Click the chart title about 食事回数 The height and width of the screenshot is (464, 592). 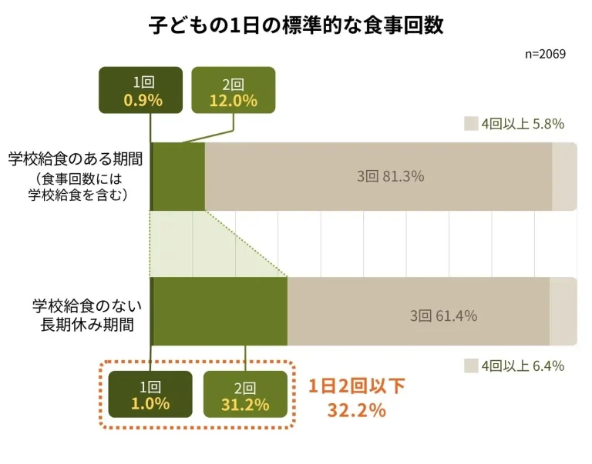pos(296,25)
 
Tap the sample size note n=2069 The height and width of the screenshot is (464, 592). pos(545,55)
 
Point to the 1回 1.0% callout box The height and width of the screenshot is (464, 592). pos(150,396)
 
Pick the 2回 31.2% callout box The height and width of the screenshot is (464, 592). pos(245,396)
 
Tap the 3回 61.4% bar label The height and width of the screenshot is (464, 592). pos(443,315)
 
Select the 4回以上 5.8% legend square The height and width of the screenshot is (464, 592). pos(471,124)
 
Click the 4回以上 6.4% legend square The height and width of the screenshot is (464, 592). pos(471,366)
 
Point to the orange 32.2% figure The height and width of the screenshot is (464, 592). pos(356,410)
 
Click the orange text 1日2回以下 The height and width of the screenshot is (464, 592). pos(356,387)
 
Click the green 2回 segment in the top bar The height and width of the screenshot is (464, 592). pos(179,176)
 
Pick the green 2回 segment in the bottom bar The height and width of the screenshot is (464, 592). pos(220,311)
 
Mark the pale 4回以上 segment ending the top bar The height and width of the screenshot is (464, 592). pos(564,176)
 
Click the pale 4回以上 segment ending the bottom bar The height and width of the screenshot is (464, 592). pos(563,311)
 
